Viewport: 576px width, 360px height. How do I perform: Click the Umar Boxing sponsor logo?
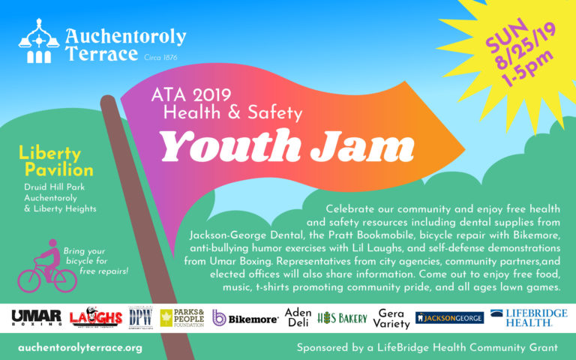click(x=36, y=318)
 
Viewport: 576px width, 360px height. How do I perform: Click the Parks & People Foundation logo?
click(x=182, y=318)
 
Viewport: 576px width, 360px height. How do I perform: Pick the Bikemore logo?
click(x=245, y=318)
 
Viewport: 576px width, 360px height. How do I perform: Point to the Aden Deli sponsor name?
click(x=298, y=318)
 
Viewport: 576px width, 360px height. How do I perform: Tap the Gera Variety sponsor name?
click(x=391, y=318)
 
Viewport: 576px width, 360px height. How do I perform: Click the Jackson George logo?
click(x=449, y=318)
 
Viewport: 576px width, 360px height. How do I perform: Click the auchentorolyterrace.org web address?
click(x=80, y=348)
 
